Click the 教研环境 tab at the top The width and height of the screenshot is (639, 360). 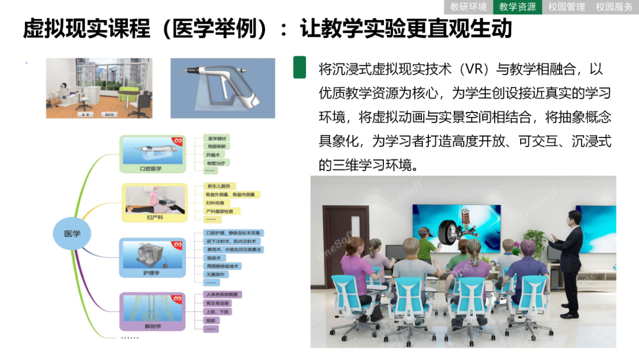[x=469, y=7]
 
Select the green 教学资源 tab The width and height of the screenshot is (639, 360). [x=518, y=7]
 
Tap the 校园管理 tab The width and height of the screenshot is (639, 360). [x=566, y=7]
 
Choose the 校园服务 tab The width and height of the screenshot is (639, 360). [x=614, y=7]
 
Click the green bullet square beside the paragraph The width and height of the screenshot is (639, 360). [x=300, y=67]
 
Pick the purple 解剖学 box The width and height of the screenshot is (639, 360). [x=153, y=311]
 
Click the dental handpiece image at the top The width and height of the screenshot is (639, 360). [x=222, y=88]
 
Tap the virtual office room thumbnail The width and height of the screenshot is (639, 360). [x=99, y=88]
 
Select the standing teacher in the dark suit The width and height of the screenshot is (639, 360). [x=570, y=261]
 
